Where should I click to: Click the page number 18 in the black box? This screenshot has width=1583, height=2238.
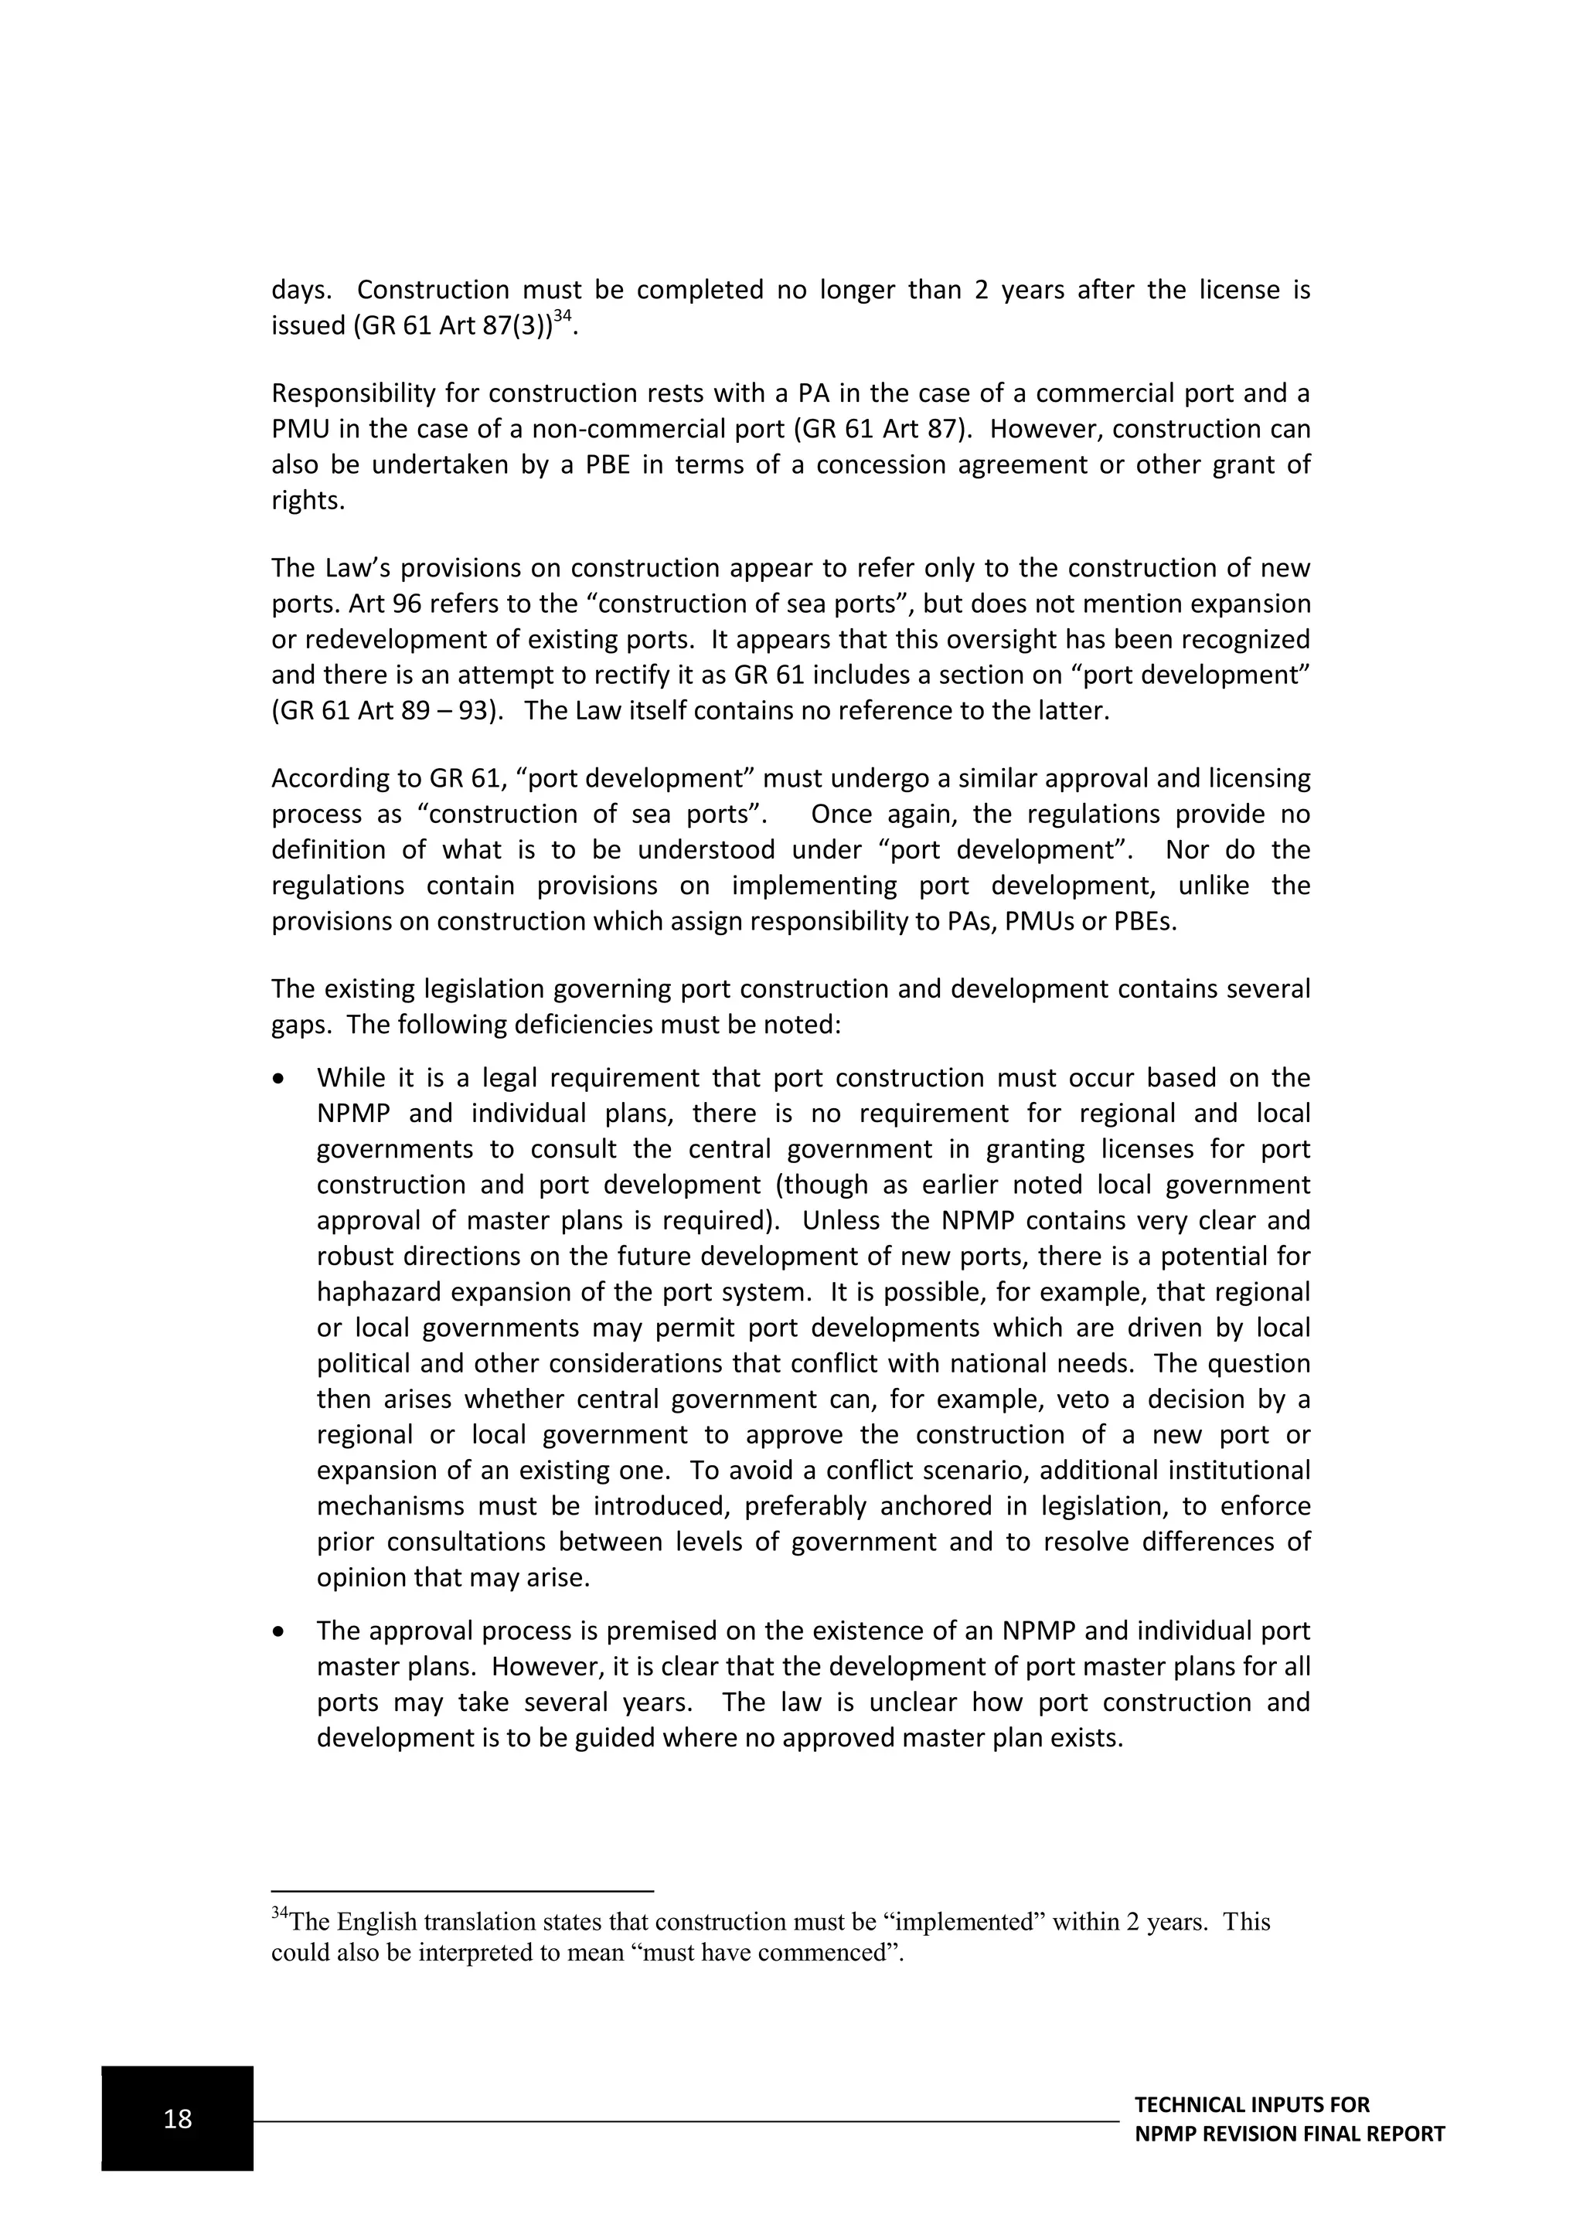(178, 2118)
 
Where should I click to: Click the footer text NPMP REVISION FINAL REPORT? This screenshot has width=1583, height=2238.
(1289, 2134)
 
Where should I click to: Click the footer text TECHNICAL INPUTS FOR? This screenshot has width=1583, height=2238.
(1251, 2104)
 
